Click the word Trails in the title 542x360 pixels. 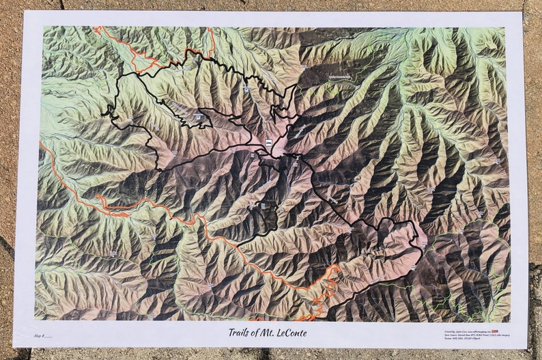[x=241, y=333]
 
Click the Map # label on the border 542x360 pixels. [x=42, y=336]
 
